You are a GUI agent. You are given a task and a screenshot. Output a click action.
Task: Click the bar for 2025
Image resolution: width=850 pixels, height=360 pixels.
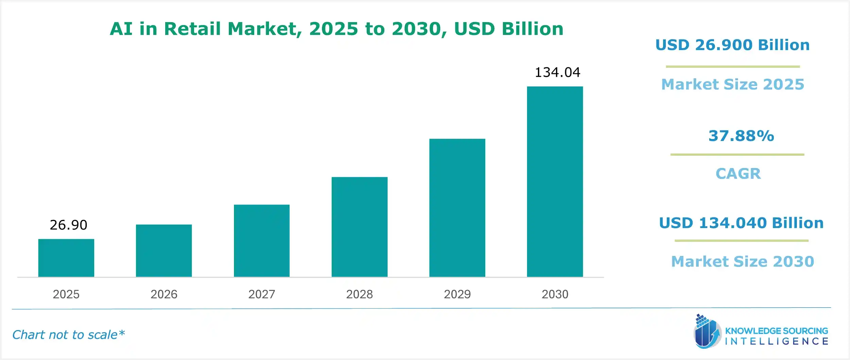[66, 258]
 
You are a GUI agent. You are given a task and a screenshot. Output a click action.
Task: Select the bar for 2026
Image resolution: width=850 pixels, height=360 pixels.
[164, 251]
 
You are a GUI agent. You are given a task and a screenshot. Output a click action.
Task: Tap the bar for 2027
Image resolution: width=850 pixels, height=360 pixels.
[261, 241]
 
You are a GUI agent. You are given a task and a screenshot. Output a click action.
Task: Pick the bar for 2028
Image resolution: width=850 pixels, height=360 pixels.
[359, 227]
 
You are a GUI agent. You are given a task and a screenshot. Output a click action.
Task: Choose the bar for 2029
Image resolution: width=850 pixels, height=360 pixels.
[457, 208]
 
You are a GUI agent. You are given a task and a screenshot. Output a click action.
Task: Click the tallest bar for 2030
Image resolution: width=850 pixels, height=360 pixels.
[555, 182]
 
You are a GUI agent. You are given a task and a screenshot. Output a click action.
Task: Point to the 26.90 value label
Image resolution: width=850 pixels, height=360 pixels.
[68, 225]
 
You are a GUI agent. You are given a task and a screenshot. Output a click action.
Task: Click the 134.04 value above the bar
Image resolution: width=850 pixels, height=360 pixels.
[557, 72]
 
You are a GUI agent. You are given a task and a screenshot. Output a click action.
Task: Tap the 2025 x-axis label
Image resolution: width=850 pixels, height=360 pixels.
[66, 294]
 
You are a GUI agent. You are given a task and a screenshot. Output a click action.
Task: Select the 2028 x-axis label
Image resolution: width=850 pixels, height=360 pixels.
[359, 294]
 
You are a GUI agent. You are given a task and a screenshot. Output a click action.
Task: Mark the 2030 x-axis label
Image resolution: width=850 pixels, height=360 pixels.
[555, 294]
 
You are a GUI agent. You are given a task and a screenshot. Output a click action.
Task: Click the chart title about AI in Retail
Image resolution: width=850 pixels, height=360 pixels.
[337, 29]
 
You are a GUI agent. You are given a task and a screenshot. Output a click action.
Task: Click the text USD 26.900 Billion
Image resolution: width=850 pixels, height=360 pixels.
[732, 45]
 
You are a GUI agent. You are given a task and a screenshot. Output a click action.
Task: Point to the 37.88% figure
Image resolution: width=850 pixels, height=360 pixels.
[741, 136]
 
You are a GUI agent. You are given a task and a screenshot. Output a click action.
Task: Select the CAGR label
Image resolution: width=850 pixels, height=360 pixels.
[738, 174]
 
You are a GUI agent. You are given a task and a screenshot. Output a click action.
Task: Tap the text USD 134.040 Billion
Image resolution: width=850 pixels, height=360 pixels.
[741, 223]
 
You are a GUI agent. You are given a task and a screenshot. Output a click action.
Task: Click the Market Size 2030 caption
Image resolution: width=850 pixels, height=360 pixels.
[743, 261]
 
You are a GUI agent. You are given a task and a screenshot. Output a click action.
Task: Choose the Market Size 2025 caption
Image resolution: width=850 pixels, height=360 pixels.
[733, 84]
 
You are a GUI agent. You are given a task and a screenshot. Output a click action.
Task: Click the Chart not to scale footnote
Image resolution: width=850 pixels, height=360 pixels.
[68, 335]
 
